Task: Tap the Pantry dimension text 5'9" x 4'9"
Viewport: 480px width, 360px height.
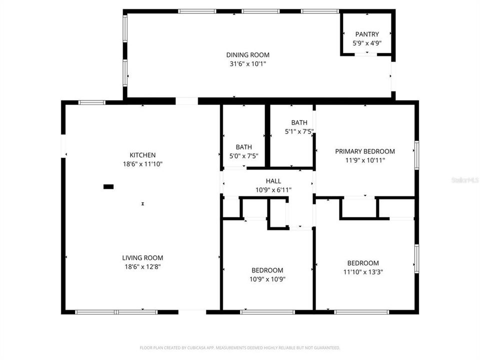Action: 367,43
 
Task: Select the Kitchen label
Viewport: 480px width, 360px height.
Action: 142,155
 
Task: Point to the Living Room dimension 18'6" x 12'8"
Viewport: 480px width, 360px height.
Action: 142,266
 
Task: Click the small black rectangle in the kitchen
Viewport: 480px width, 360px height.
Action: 108,186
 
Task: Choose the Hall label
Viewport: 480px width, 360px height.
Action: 273,181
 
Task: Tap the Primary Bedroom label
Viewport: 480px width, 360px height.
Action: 364,151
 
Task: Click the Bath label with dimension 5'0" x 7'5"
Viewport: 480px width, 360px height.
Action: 243,147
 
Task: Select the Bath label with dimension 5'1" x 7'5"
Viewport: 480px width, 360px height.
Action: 299,122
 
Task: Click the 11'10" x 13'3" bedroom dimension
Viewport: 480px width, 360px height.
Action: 363,272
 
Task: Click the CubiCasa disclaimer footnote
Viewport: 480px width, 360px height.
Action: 240,347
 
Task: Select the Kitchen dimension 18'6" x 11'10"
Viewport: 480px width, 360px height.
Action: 142,163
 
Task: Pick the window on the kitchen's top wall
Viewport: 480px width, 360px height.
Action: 92,102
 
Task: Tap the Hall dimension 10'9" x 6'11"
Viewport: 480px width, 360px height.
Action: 273,189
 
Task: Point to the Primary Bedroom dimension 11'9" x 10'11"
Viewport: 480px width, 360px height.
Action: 364,160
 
